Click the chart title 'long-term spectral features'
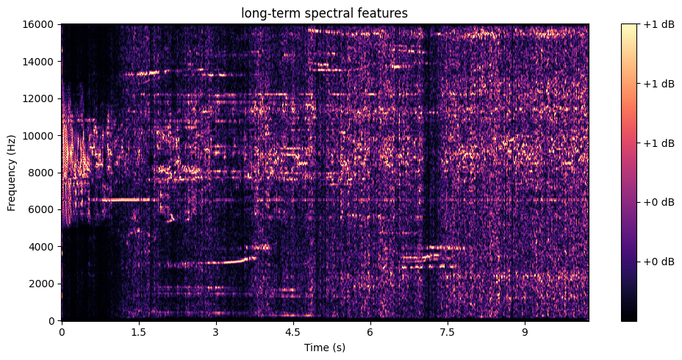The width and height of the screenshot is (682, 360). pos(325,12)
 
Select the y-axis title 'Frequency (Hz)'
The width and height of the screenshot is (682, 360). pos(12,173)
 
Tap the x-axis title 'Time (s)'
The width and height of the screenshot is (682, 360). pos(325,347)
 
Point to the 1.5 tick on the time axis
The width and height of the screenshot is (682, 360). pos(138,331)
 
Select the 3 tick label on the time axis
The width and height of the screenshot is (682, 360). pos(216,331)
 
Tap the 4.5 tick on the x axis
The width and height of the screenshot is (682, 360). pos(293,331)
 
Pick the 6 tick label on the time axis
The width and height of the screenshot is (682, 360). pos(370,331)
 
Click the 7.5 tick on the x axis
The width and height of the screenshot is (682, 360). pos(448,331)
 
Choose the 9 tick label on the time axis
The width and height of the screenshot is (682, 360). pos(525,331)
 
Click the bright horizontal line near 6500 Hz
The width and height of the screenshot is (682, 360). pos(125,200)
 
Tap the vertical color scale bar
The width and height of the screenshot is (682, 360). pos(628,173)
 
